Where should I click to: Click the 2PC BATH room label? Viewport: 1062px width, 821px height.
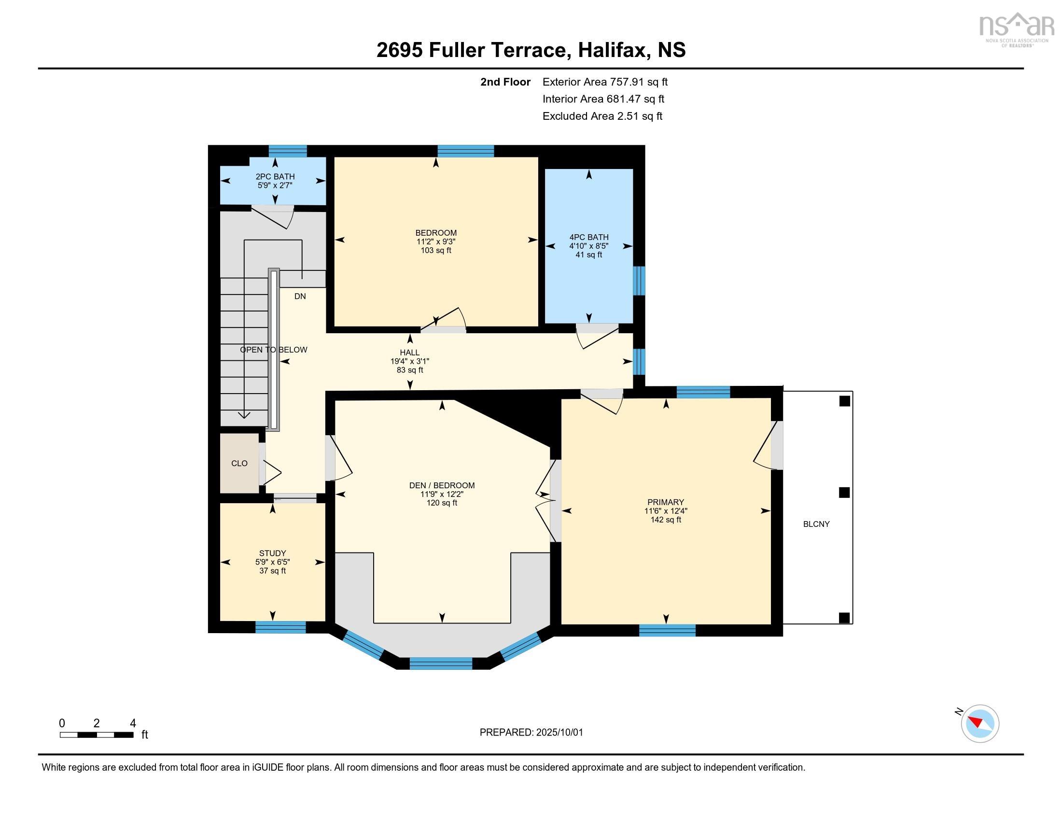point(275,177)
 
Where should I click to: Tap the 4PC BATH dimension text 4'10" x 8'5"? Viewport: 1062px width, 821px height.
point(589,246)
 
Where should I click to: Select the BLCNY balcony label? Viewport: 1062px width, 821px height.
point(816,524)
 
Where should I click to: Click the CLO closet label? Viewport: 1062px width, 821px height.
point(239,464)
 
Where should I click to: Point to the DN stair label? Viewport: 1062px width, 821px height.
point(300,296)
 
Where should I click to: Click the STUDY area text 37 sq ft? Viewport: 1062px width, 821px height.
point(272,570)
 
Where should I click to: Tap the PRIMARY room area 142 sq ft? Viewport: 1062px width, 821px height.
point(666,520)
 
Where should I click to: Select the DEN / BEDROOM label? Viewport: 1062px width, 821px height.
point(442,485)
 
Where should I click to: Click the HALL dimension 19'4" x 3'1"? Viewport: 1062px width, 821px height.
point(409,361)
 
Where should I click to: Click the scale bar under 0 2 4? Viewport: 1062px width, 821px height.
point(96,735)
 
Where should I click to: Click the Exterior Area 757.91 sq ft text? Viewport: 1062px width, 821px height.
point(605,82)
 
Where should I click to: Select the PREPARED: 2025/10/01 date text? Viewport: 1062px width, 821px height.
point(531,733)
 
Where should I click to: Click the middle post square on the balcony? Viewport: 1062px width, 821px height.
point(845,493)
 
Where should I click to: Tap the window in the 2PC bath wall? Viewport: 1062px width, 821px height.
point(288,151)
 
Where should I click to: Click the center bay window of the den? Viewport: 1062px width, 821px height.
point(441,664)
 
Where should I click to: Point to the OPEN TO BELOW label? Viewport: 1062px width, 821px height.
point(273,350)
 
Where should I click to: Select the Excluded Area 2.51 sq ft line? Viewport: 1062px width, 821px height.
point(602,116)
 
